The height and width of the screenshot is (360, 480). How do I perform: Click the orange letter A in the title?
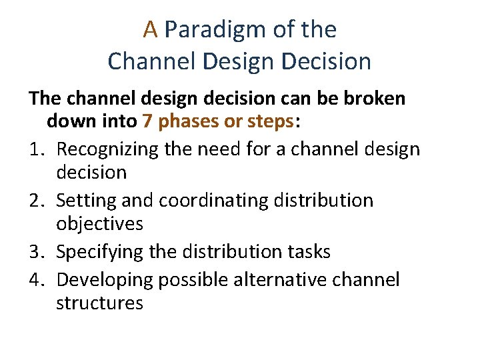point(151,29)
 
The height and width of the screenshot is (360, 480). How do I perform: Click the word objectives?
point(100,224)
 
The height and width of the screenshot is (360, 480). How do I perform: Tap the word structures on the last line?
point(100,303)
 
